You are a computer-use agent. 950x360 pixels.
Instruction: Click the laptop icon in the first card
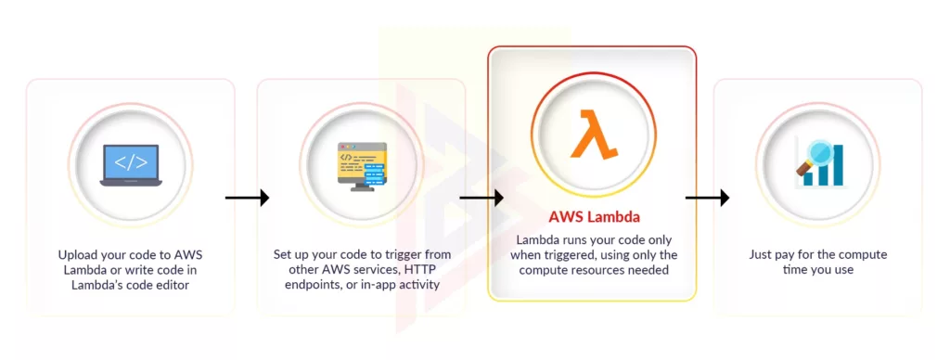130,165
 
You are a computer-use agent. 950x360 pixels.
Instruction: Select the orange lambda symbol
592,135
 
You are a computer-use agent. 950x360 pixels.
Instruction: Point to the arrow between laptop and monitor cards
246,198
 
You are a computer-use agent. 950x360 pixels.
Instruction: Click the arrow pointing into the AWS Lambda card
481,198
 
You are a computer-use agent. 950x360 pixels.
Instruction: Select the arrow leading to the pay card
707,198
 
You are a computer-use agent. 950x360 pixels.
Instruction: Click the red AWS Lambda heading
592,218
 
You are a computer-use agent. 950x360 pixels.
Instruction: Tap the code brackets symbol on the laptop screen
130,161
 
